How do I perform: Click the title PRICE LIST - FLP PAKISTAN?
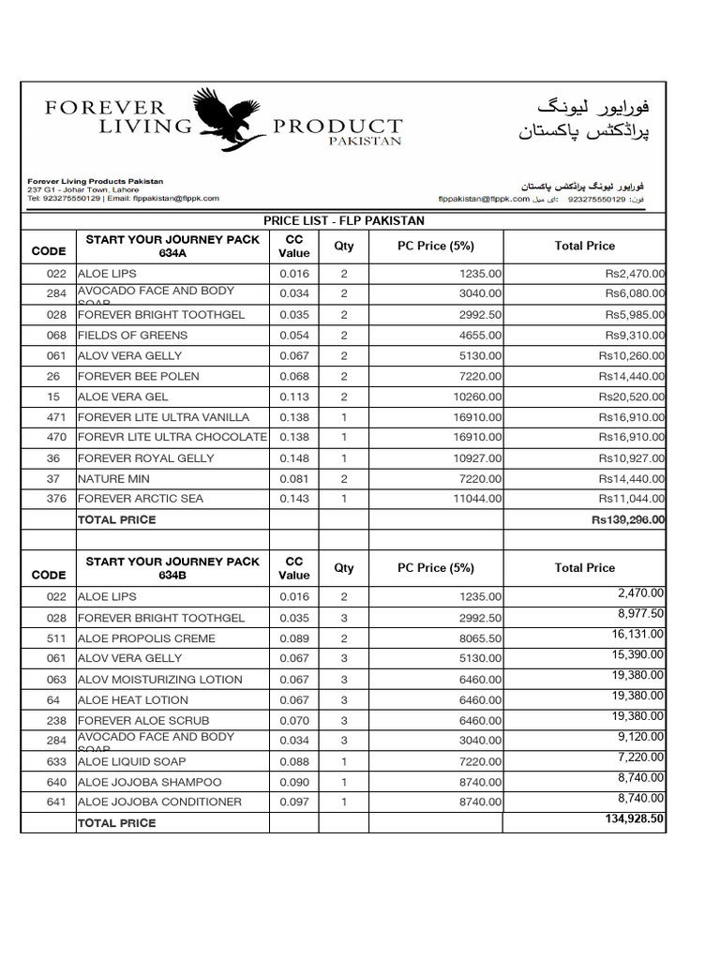click(343, 220)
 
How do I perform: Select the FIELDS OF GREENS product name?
click(132, 335)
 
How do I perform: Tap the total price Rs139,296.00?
click(628, 519)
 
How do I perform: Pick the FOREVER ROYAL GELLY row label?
click(145, 458)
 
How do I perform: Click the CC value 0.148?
click(293, 458)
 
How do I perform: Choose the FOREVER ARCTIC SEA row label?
click(141, 499)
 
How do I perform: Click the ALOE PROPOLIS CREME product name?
click(146, 638)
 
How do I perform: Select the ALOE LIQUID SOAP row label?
click(131, 761)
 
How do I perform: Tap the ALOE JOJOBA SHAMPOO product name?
click(150, 782)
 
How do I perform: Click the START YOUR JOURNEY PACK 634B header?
click(172, 568)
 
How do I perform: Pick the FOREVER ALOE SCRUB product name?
click(137, 720)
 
